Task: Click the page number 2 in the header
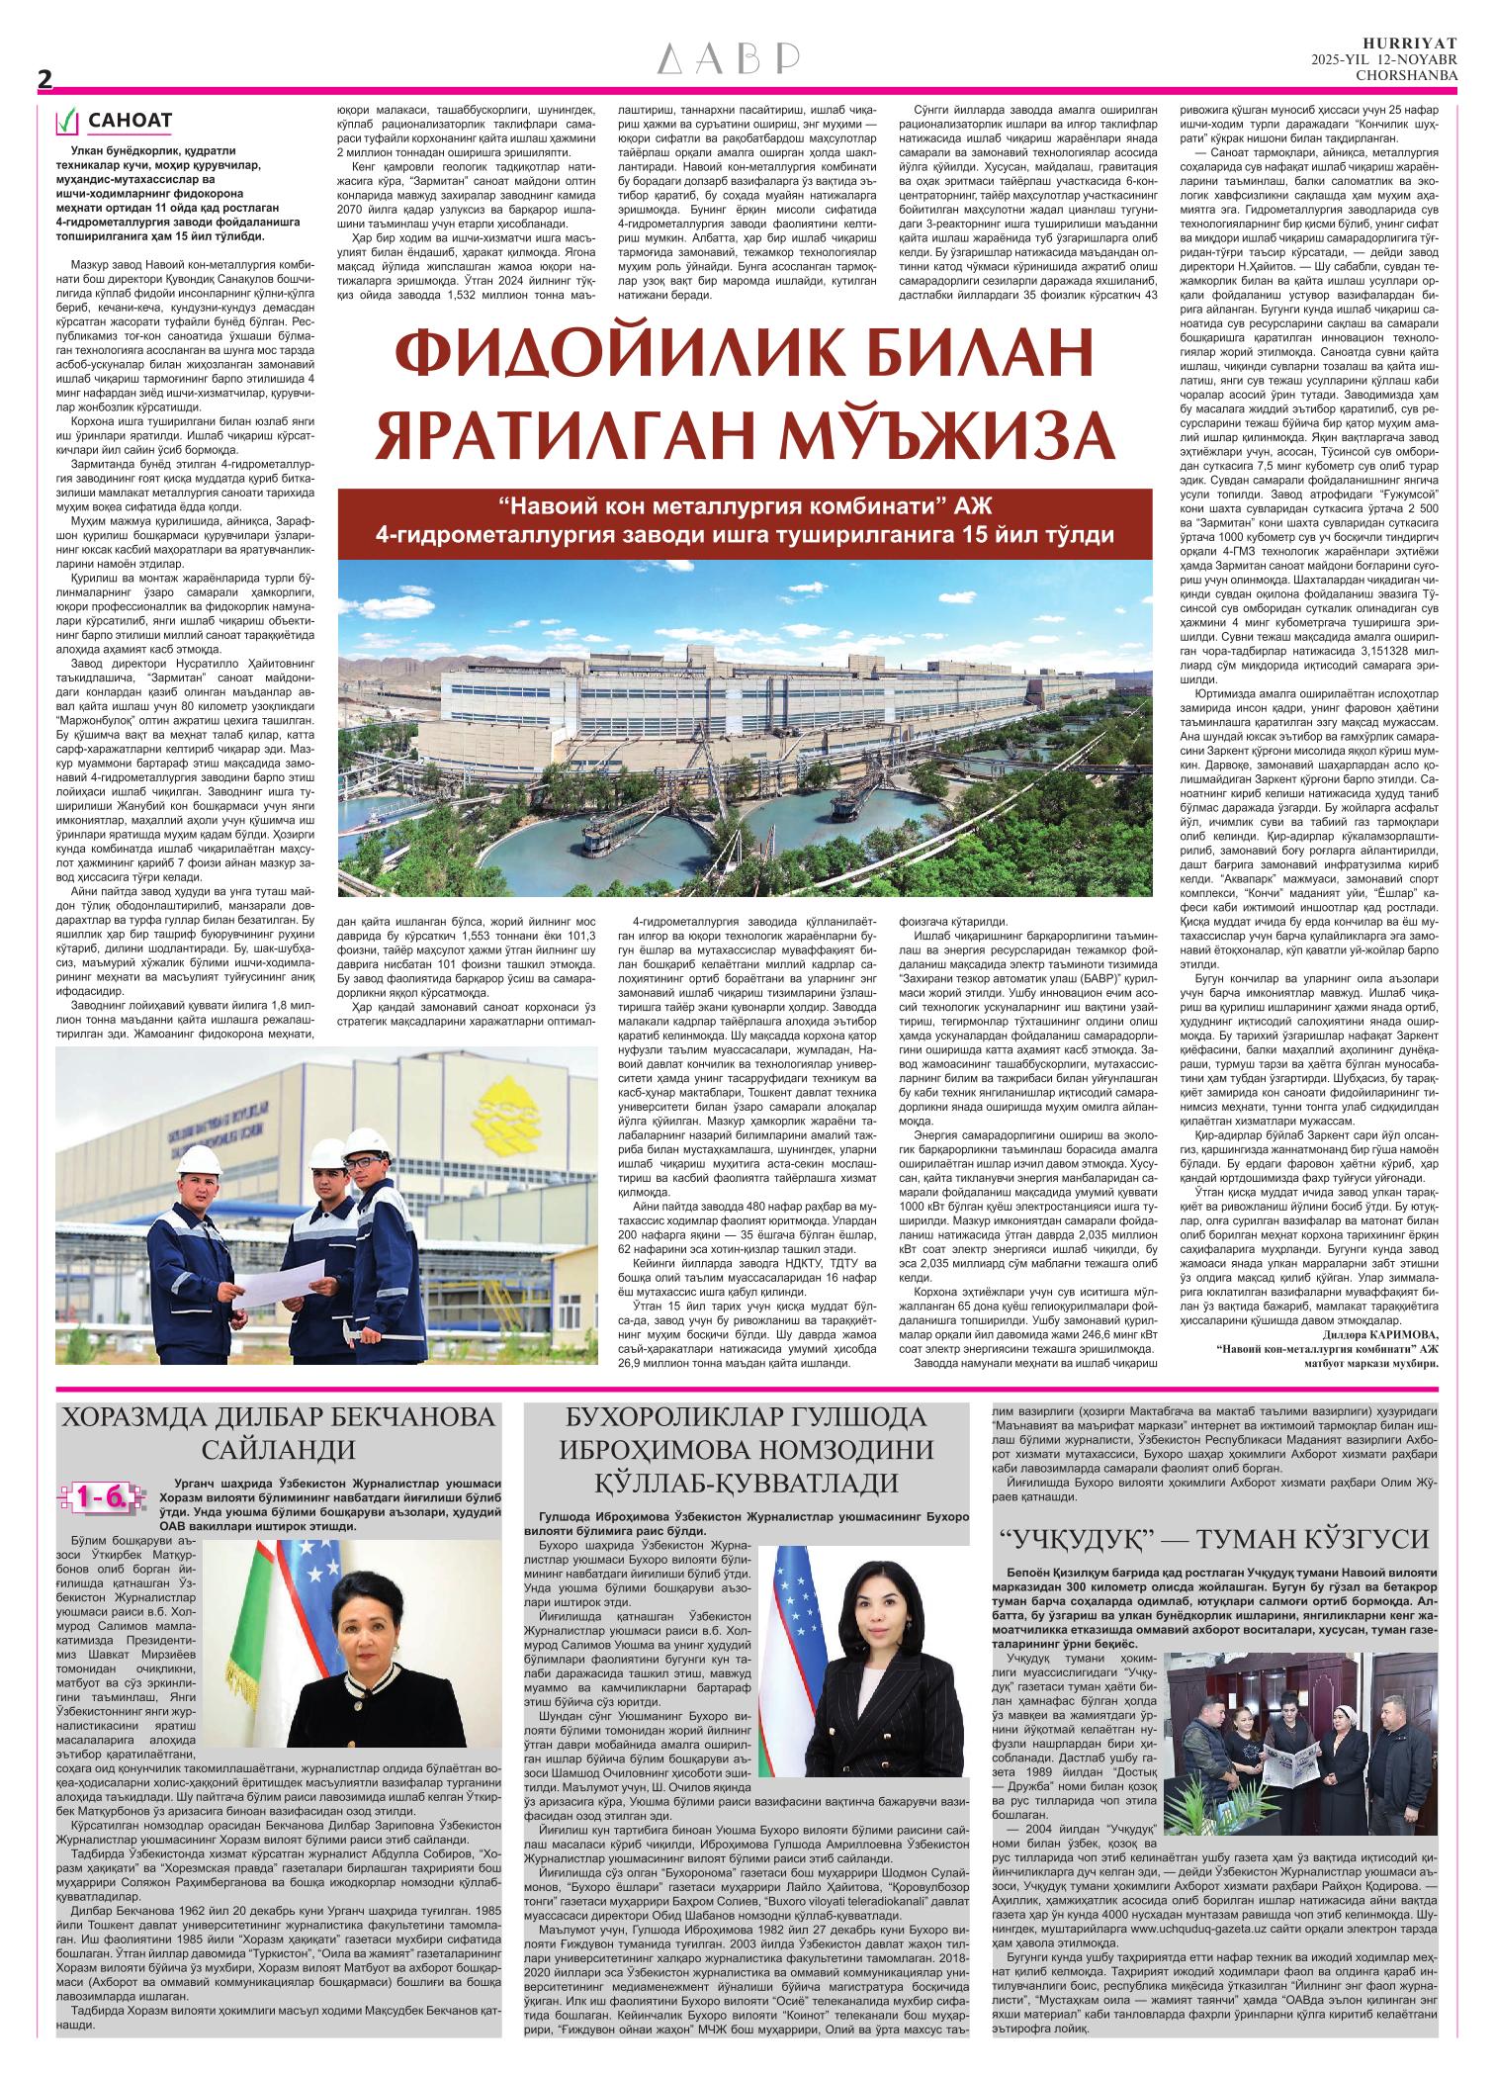[x=44, y=82]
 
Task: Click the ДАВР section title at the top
[x=729, y=61]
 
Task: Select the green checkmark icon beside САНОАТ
[x=67, y=122]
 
